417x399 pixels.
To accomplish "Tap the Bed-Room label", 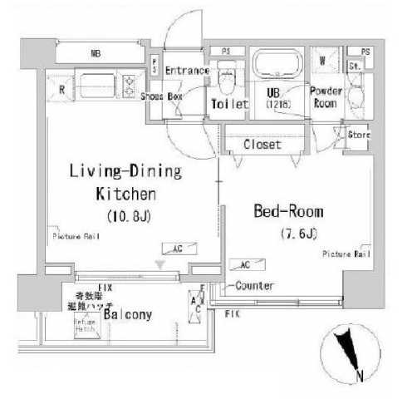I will (x=287, y=211).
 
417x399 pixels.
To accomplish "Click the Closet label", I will (x=262, y=145).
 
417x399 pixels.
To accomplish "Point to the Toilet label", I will (x=229, y=105).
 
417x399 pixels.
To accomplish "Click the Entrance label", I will (x=186, y=71).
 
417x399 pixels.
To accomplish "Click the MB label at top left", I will (x=96, y=54).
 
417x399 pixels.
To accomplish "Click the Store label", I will (x=358, y=134).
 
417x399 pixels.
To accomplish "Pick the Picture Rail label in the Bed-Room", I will (x=346, y=254).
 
